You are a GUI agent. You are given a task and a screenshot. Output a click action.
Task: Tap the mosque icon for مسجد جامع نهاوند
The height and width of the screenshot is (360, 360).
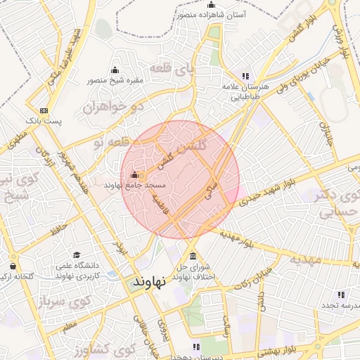click(134, 174)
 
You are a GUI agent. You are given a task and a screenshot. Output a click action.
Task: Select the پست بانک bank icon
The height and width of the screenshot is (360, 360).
click(44, 110)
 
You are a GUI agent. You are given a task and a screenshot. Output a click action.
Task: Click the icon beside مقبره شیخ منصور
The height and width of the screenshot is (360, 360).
click(115, 70)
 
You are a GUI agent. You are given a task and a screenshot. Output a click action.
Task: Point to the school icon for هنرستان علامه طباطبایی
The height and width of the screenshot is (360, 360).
click(245, 76)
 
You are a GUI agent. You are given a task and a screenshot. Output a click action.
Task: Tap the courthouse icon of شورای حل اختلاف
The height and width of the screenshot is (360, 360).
click(192, 255)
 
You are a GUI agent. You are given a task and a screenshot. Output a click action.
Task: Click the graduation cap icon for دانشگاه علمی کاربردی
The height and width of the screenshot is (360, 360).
click(77, 255)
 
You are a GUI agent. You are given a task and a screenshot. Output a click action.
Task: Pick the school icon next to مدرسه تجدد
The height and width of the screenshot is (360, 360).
click(341, 295)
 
